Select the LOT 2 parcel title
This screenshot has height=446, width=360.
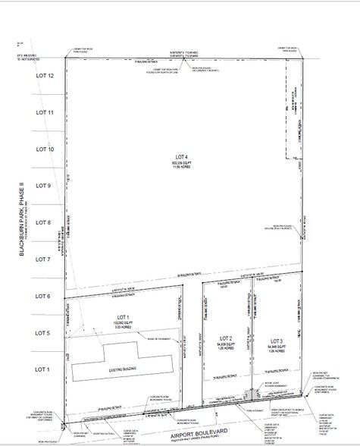pyautogui.click(x=225, y=337)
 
